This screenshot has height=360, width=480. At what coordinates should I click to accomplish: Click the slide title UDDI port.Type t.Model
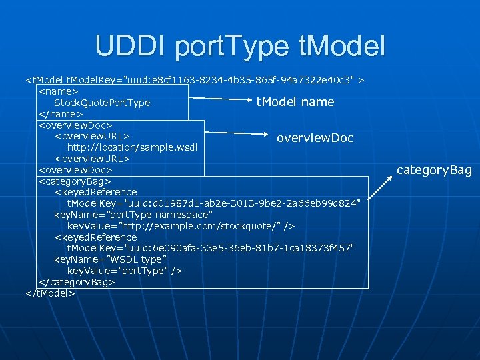(240, 45)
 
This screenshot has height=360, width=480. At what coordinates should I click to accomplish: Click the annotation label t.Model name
(295, 102)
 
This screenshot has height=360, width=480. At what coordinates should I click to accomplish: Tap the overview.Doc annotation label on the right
(315, 137)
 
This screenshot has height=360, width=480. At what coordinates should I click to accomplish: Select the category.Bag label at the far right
(434, 170)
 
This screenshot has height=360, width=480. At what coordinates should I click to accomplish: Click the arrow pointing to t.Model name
(219, 101)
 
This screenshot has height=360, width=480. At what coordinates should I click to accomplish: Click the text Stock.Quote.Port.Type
(102, 103)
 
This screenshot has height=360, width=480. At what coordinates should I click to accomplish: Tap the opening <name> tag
(59, 91)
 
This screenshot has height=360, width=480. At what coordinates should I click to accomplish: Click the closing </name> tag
(61, 114)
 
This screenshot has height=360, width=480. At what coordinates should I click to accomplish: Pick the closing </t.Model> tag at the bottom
(49, 293)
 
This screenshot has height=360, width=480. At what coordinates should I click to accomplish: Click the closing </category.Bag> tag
(77, 282)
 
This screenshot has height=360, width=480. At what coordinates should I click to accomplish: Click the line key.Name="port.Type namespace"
(133, 215)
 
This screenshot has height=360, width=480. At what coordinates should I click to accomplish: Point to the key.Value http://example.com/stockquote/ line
(181, 226)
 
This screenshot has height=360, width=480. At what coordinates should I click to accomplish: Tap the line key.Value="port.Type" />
(125, 271)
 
